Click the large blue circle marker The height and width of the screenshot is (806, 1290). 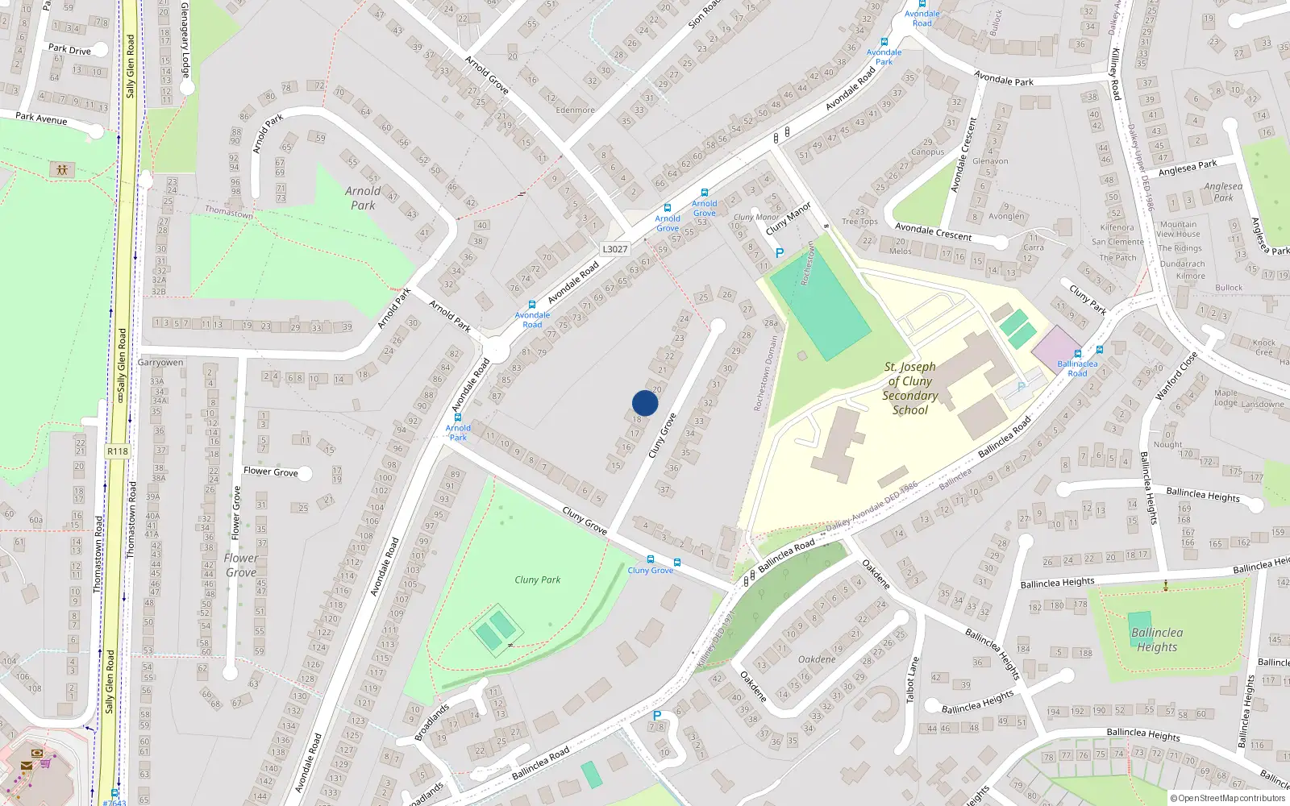click(x=645, y=403)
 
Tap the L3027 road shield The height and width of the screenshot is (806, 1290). click(x=614, y=249)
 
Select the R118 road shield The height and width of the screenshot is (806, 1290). click(x=118, y=451)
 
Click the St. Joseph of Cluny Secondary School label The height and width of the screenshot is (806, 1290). click(x=910, y=388)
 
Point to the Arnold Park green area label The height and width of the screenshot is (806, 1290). click(x=363, y=197)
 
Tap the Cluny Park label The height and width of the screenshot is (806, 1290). click(x=537, y=580)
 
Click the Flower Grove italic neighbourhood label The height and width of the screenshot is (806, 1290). click(x=241, y=565)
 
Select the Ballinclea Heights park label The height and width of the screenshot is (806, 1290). click(x=1157, y=640)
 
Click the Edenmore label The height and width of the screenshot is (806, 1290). click(x=575, y=110)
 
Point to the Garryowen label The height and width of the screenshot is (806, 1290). click(x=160, y=363)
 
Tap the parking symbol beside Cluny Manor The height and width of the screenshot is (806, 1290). click(x=779, y=253)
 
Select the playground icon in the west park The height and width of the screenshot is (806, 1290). click(x=61, y=169)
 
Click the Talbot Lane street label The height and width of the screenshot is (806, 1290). click(x=913, y=679)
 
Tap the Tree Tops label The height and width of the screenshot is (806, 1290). click(x=859, y=222)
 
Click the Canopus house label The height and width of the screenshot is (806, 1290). click(x=927, y=152)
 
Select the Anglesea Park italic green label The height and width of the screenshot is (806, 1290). click(x=1223, y=192)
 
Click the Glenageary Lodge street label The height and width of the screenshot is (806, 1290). click(x=185, y=38)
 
